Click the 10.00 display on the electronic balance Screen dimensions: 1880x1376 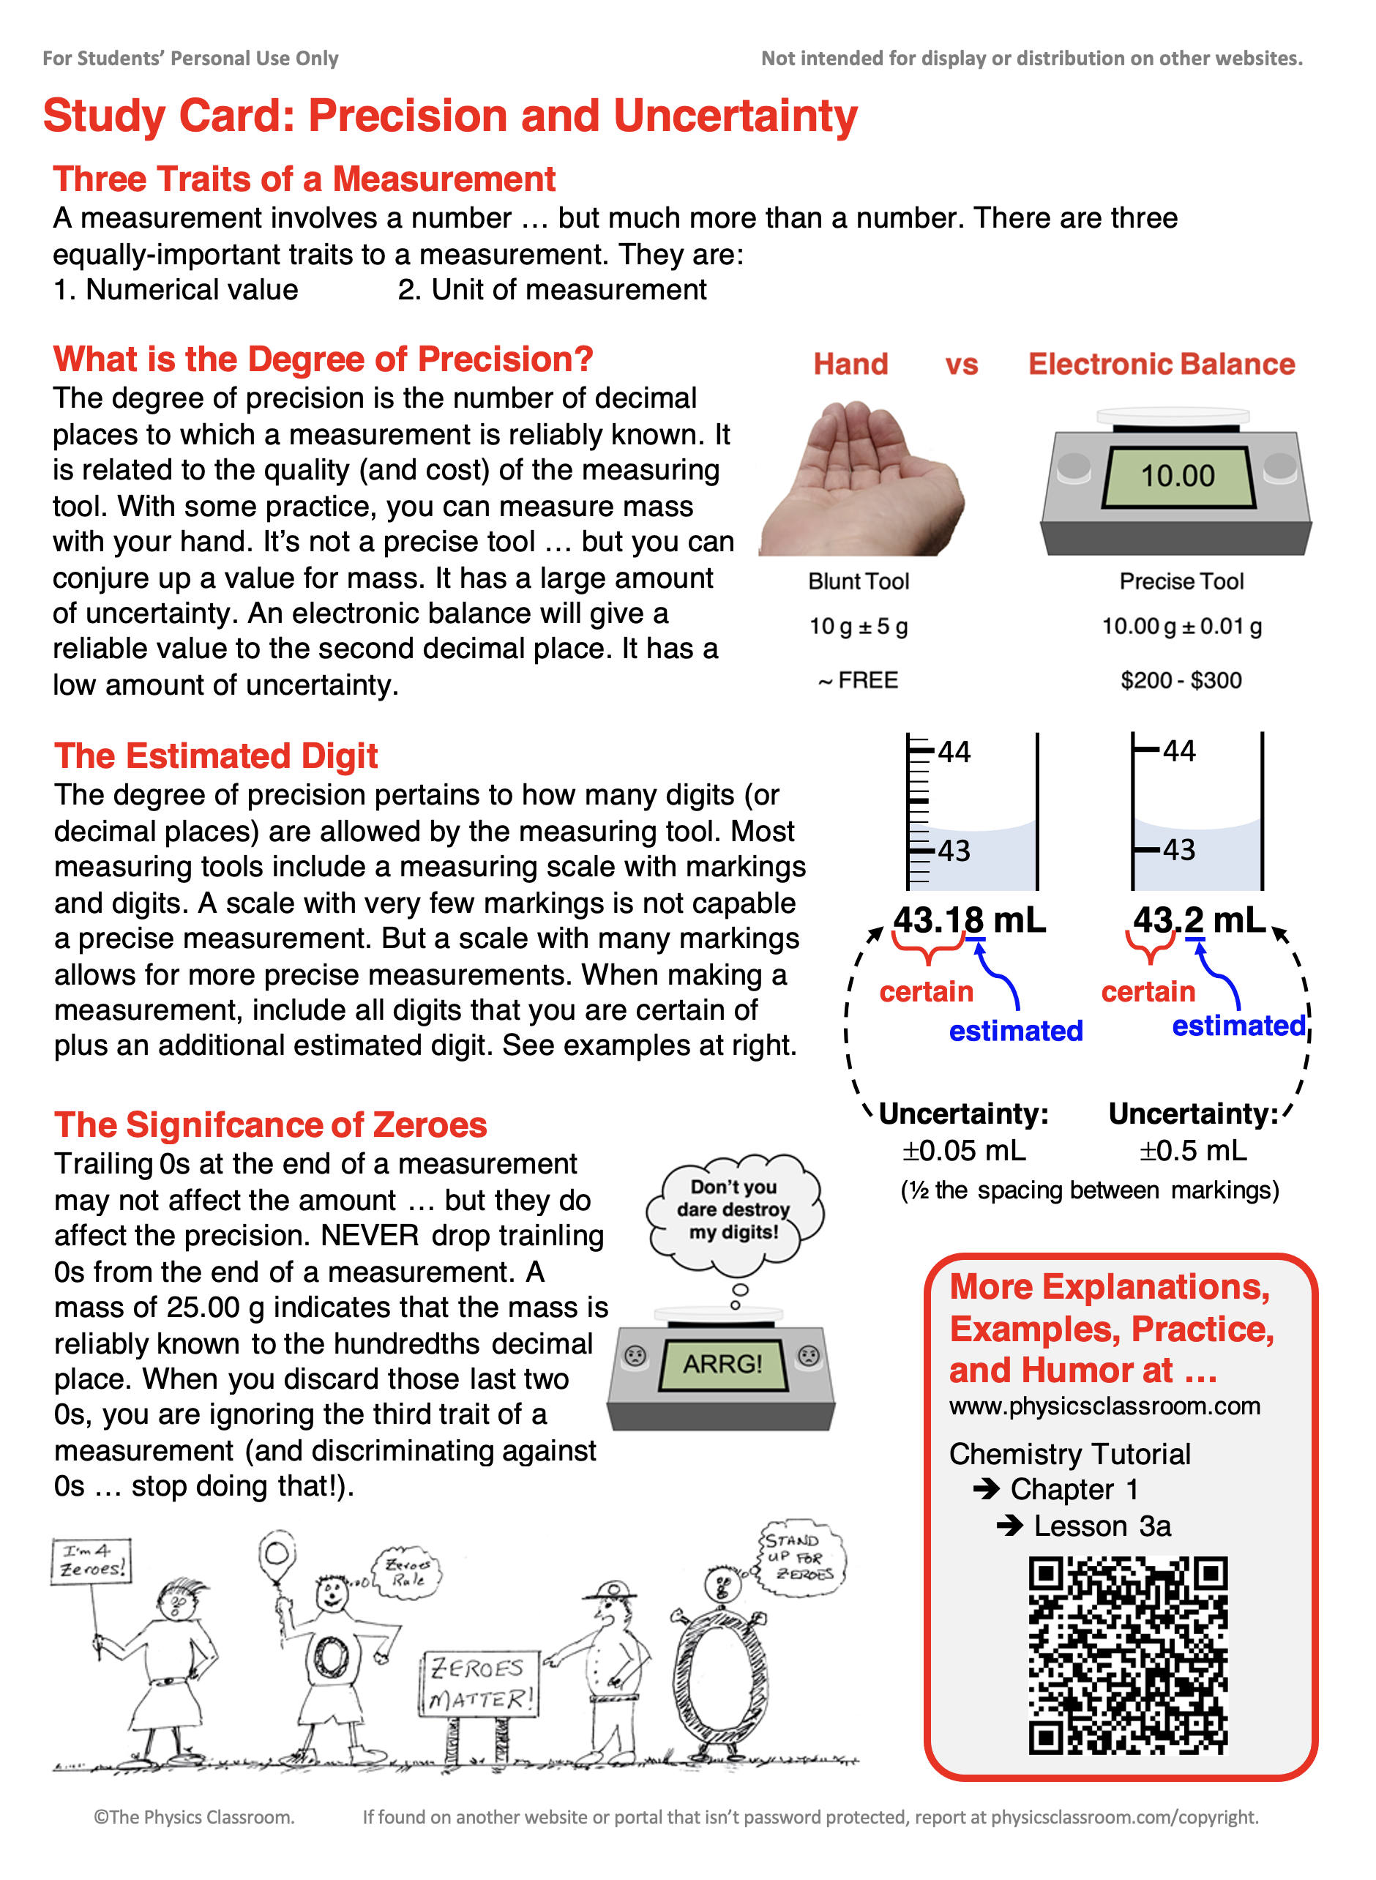(x=1177, y=476)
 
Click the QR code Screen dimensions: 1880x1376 (x=1129, y=1655)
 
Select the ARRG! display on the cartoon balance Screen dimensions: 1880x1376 (x=722, y=1364)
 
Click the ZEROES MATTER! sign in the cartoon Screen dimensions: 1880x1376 (x=479, y=1683)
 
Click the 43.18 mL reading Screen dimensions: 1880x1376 (x=969, y=920)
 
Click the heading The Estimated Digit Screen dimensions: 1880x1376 (x=216, y=756)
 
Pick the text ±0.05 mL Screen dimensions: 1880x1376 (x=964, y=1150)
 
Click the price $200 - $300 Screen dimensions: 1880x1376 (x=1181, y=681)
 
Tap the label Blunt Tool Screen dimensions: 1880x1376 (x=858, y=581)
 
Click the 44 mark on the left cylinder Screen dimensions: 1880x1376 (x=954, y=752)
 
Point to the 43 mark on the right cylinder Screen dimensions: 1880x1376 (x=1178, y=850)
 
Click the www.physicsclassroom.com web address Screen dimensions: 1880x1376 (x=1104, y=1406)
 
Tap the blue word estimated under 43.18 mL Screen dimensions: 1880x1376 (x=1015, y=1032)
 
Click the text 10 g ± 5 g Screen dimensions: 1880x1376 (x=858, y=627)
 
